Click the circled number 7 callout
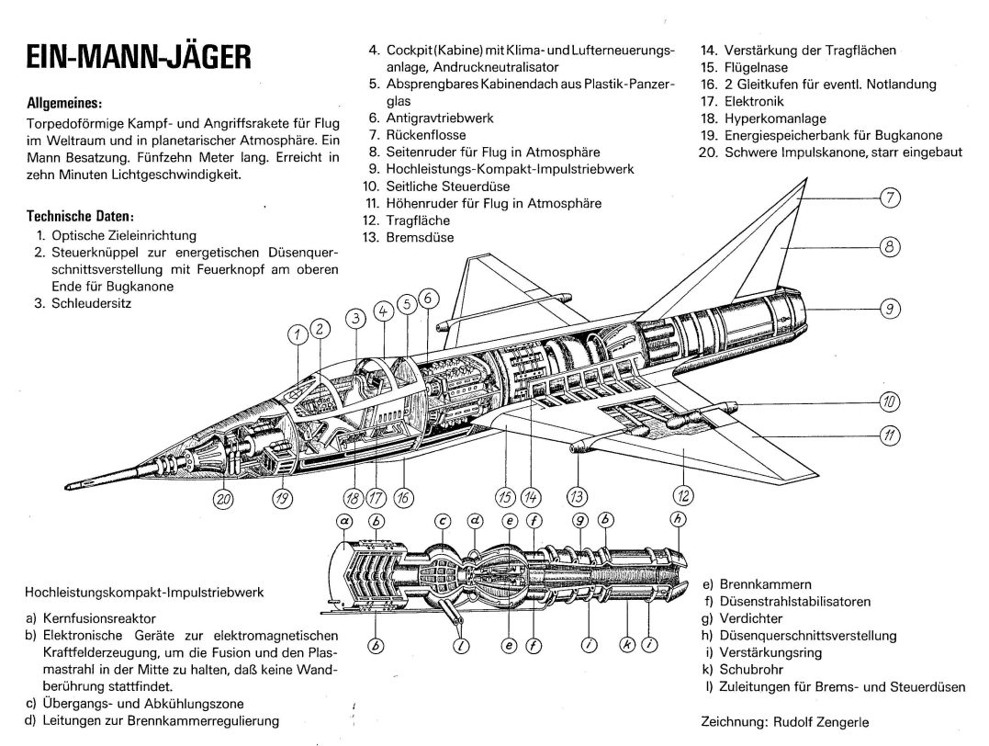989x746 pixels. [x=891, y=197]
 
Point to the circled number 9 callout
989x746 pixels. [x=890, y=310]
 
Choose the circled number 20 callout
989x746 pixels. [x=223, y=499]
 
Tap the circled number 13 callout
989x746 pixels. [x=576, y=497]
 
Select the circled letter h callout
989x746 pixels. [x=679, y=519]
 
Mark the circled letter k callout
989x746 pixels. [x=627, y=644]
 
